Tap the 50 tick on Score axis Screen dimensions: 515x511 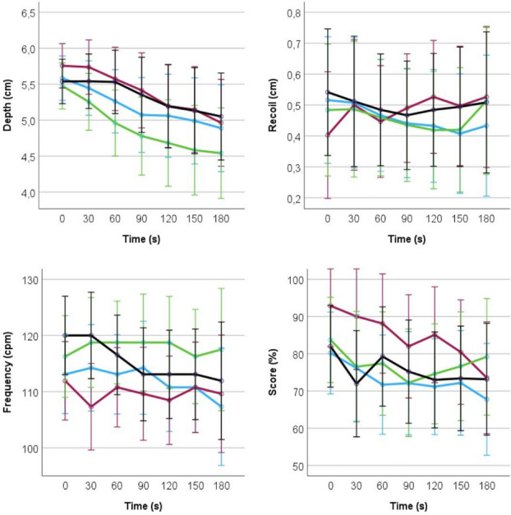(x=297, y=466)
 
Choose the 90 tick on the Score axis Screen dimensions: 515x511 (x=297, y=317)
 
